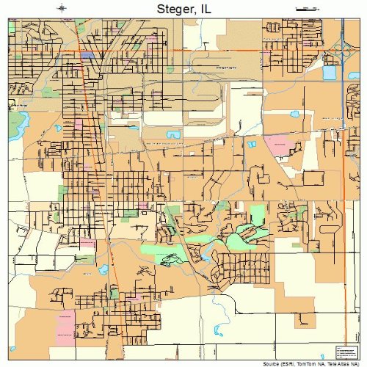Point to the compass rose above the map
63,9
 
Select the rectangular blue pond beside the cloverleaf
329,73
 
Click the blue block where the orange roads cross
88,55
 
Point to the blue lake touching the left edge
12,115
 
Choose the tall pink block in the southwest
65,322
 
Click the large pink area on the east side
278,144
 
